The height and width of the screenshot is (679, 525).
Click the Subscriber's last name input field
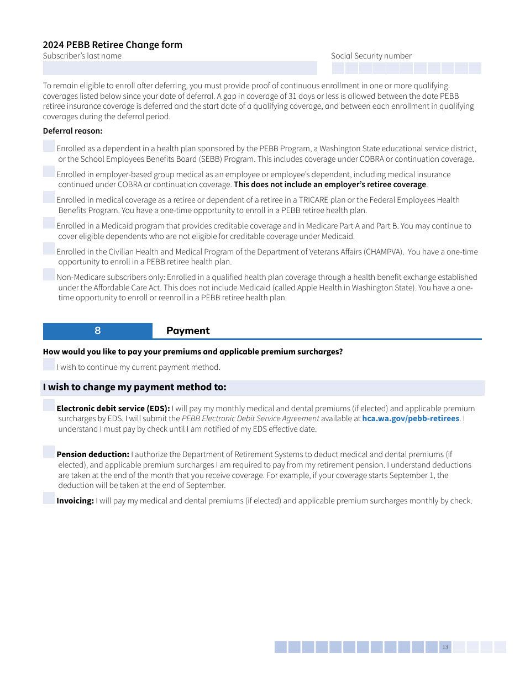click(x=180, y=68)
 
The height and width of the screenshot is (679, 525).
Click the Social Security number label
click(x=371, y=56)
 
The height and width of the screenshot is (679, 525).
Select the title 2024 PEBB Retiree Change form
click(x=113, y=45)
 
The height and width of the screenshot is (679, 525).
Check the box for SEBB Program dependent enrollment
click(x=49, y=146)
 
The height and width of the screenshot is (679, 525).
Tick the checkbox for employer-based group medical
click(x=49, y=172)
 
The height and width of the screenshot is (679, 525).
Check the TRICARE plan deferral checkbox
click(x=49, y=198)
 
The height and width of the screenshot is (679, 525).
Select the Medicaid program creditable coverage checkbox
click(x=49, y=224)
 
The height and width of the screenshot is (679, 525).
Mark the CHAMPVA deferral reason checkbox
click(x=49, y=249)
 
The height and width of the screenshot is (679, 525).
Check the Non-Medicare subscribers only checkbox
click(x=49, y=275)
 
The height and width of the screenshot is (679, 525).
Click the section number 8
click(x=98, y=331)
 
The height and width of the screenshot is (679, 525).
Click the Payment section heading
click(x=188, y=331)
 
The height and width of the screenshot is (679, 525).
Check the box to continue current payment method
click(x=49, y=365)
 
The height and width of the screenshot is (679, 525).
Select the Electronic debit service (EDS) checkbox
click(x=49, y=406)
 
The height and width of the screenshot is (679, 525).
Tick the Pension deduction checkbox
click(x=49, y=452)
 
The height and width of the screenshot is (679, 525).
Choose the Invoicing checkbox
click(x=49, y=498)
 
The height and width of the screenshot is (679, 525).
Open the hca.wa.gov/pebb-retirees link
click(x=410, y=418)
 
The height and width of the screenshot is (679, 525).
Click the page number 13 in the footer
click(x=445, y=647)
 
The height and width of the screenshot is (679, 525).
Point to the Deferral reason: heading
click(x=72, y=131)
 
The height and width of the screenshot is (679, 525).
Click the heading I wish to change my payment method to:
click(x=135, y=388)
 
